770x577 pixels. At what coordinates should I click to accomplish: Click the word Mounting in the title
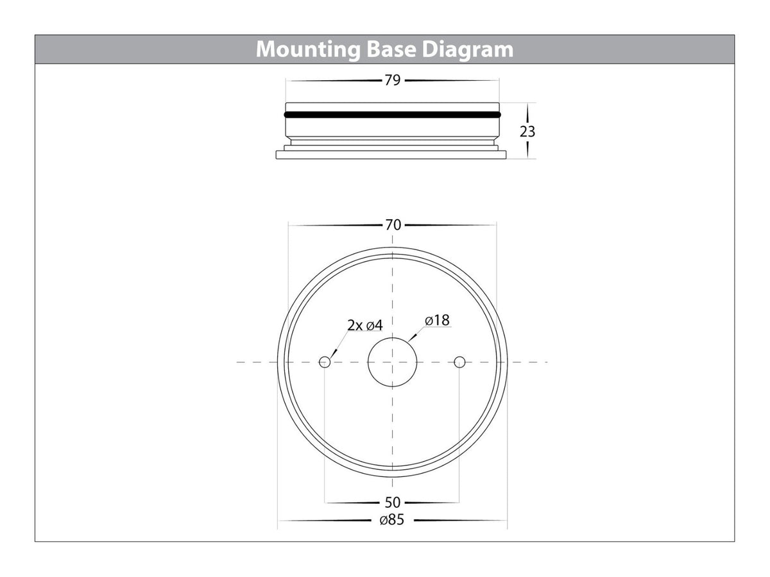click(x=308, y=50)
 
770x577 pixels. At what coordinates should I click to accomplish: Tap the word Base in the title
click(x=391, y=49)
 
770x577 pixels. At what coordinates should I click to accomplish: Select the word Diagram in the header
click(x=468, y=50)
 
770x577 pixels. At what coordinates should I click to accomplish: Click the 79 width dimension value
click(x=393, y=80)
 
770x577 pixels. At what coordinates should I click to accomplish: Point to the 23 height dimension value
click(x=527, y=131)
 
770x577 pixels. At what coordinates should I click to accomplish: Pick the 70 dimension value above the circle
click(x=393, y=225)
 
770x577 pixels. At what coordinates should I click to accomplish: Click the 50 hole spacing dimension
click(x=393, y=503)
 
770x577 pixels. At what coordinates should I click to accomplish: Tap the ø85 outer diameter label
click(x=392, y=519)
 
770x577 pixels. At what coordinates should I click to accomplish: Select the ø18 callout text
click(x=437, y=320)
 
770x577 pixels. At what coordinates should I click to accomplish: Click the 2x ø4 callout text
click(x=365, y=325)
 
